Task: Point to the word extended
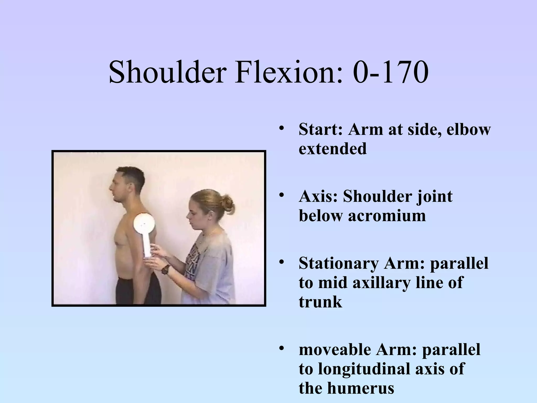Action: [332, 149]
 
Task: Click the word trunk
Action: [320, 302]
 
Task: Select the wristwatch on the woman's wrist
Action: [165, 269]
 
